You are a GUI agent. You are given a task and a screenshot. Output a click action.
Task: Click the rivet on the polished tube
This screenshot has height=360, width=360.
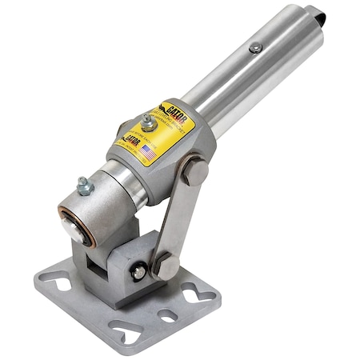click(x=254, y=49)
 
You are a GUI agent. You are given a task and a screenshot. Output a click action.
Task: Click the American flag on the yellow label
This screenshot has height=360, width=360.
click(x=148, y=150)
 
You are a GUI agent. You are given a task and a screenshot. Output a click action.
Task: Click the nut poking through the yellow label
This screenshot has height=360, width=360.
click(x=148, y=122)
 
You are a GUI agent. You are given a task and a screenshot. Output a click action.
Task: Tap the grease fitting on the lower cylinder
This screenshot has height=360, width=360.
click(x=83, y=187)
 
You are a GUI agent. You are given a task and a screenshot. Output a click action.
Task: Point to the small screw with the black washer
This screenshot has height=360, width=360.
click(x=139, y=271)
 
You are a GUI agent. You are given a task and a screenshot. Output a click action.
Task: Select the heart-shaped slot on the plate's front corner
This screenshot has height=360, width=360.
click(x=126, y=330)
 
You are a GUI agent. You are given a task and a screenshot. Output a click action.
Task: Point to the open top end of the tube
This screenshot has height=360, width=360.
click(x=316, y=24)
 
